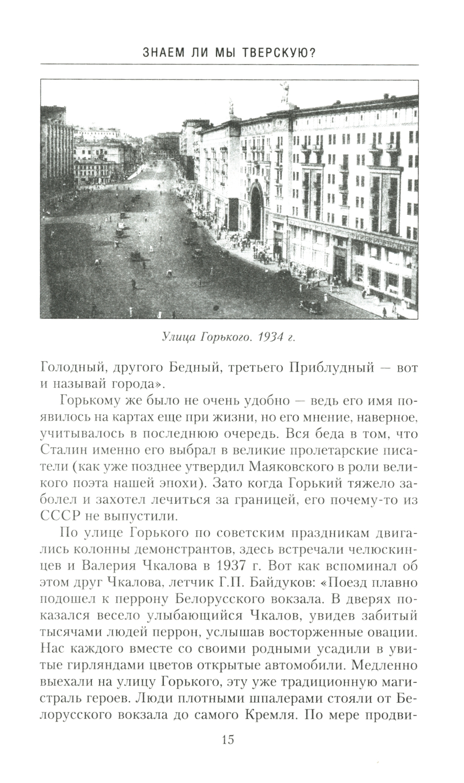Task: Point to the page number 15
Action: click(x=228, y=739)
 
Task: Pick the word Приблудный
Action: click(x=332, y=368)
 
